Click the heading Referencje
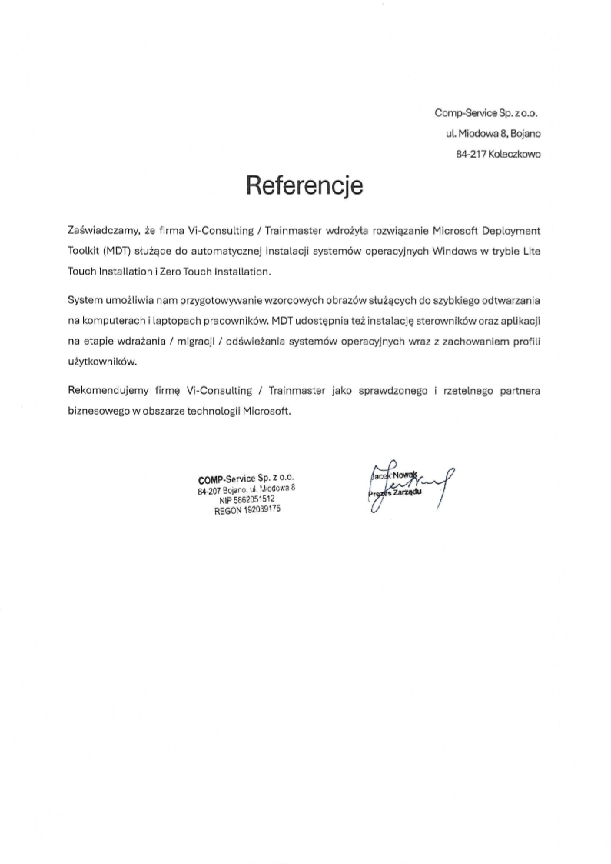point(304,185)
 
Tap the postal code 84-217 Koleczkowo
point(498,154)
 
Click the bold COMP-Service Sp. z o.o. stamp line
point(245,478)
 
